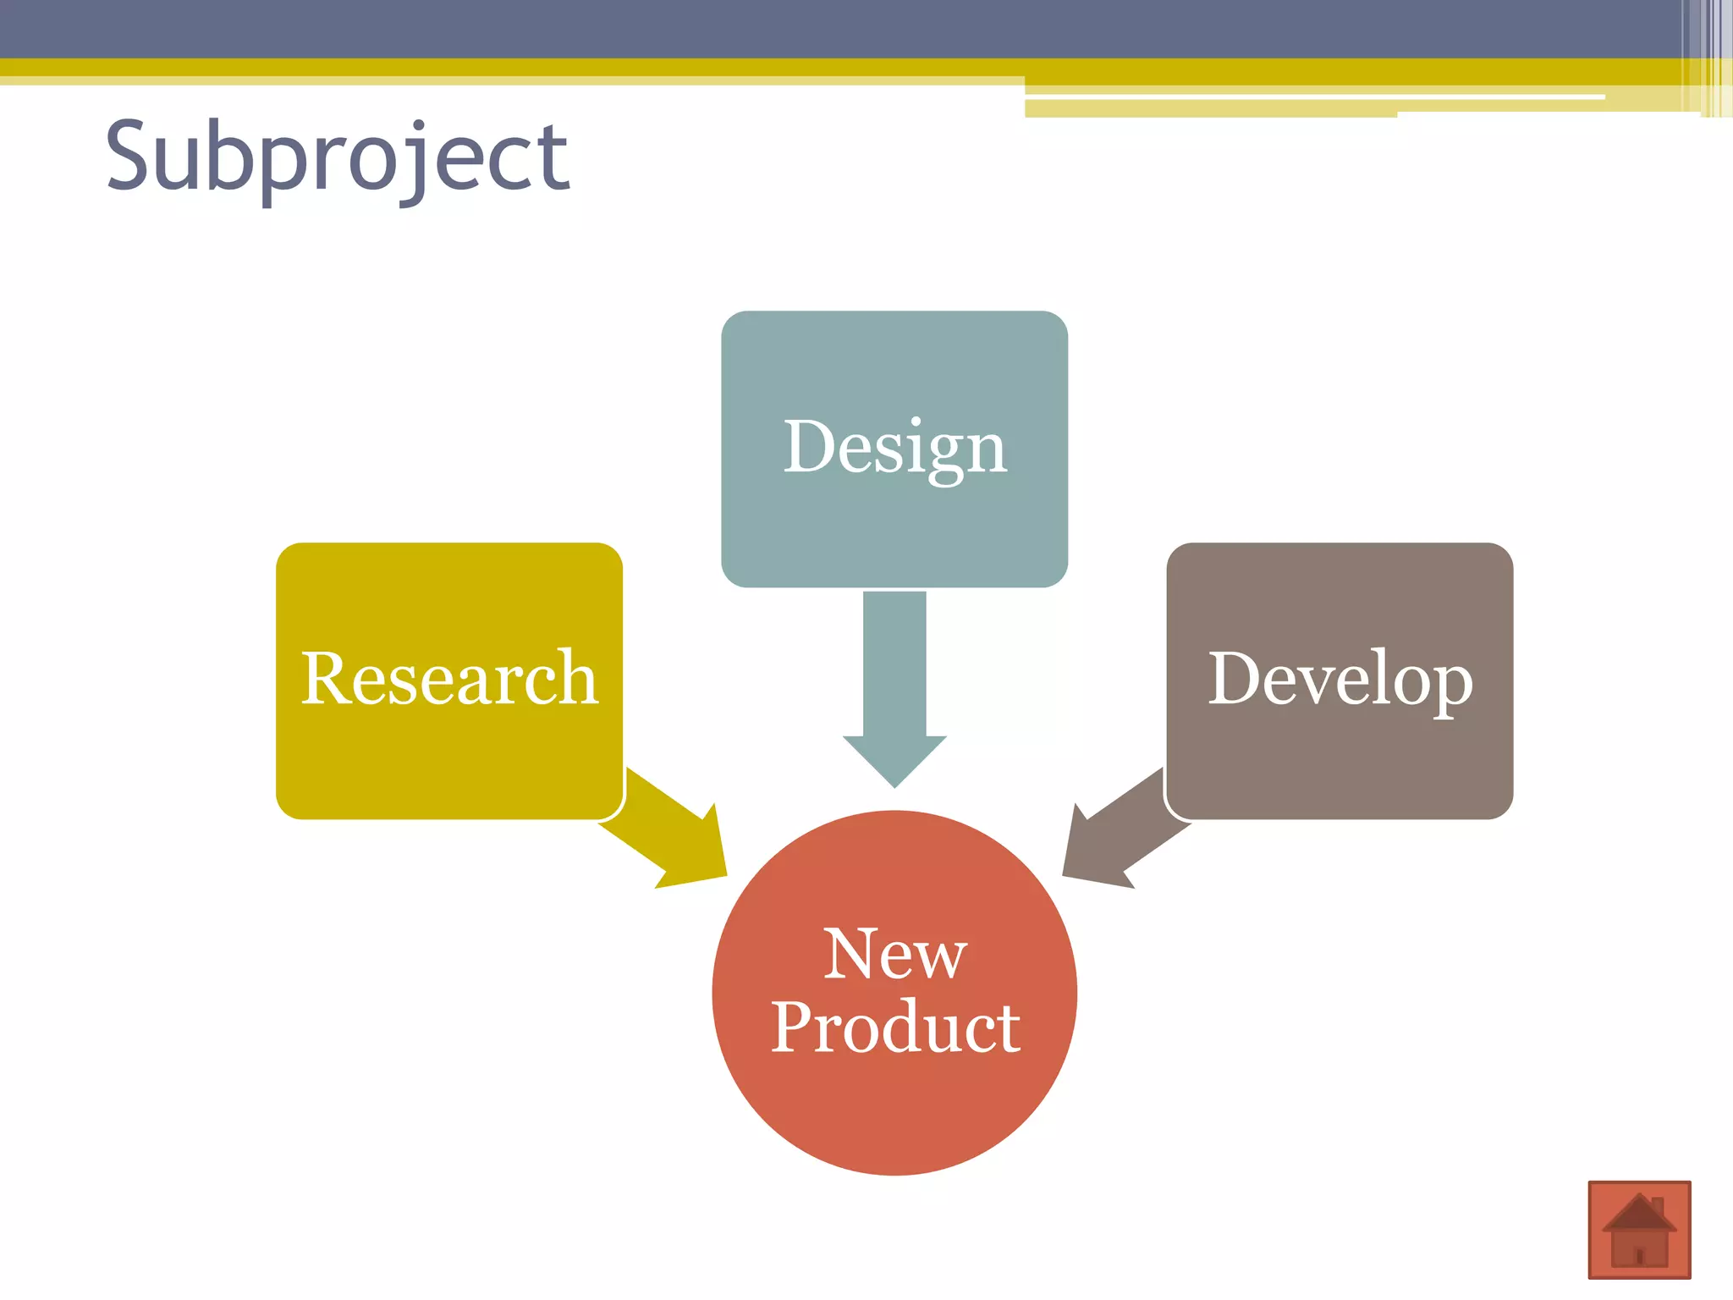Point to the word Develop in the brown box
pyautogui.click(x=1340, y=679)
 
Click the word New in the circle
pyautogui.click(x=894, y=954)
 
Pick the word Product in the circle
pyautogui.click(x=894, y=1027)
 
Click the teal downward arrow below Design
pyautogui.click(x=894, y=677)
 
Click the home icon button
pyautogui.click(x=1639, y=1229)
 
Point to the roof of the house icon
pyautogui.click(x=1639, y=1212)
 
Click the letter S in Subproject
pyautogui.click(x=133, y=157)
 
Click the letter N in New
pyautogui.click(x=849, y=954)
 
